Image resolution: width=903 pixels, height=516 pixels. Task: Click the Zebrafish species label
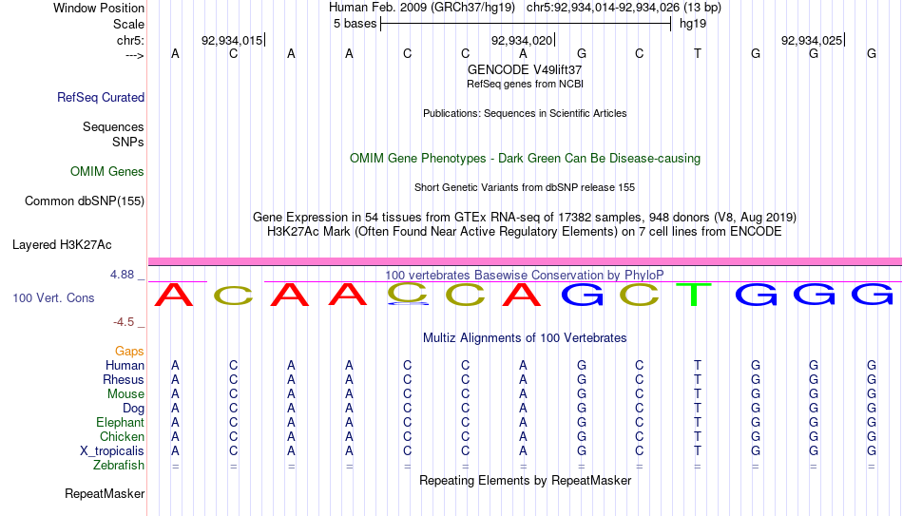click(119, 466)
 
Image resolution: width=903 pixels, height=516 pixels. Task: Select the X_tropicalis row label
click(112, 451)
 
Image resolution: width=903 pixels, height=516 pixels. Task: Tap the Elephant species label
click(120, 423)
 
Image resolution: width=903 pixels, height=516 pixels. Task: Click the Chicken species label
click(122, 436)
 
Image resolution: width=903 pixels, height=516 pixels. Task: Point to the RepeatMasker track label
click(105, 493)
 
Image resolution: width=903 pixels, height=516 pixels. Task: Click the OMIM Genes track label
click(107, 172)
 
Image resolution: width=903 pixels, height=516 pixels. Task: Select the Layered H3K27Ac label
click(62, 245)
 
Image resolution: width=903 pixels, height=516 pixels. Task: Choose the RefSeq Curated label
click(101, 97)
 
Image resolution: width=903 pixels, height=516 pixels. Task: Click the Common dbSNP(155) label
click(85, 201)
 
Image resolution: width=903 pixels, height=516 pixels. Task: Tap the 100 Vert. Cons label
click(53, 297)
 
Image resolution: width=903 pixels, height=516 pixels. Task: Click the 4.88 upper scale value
click(122, 275)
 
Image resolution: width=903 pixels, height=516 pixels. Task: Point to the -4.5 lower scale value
click(124, 322)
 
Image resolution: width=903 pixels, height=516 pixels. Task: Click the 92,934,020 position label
click(522, 40)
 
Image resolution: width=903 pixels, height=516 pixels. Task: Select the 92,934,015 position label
click(232, 40)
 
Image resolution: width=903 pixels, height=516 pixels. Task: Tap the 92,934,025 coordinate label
click(812, 40)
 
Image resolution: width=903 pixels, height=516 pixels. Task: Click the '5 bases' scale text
click(355, 24)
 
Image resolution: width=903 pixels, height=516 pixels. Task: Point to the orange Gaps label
click(129, 352)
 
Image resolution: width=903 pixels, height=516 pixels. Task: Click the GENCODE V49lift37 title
click(525, 69)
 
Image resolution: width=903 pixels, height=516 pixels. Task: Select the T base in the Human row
click(698, 365)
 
